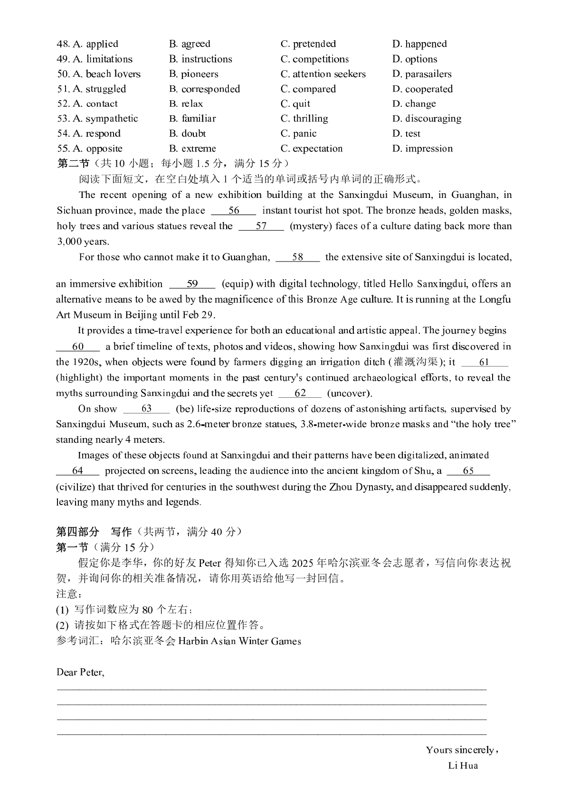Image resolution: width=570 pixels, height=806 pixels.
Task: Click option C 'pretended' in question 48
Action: click(308, 44)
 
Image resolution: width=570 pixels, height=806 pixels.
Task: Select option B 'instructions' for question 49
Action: click(200, 59)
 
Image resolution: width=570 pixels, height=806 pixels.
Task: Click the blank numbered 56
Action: click(234, 211)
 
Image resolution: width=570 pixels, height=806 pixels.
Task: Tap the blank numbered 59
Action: click(192, 284)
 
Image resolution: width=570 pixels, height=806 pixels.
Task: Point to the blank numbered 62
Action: click(300, 394)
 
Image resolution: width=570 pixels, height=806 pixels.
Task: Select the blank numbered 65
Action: click(468, 471)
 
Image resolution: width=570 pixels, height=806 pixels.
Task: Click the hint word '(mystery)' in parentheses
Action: click(310, 226)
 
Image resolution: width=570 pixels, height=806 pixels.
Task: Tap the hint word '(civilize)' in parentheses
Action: click(77, 487)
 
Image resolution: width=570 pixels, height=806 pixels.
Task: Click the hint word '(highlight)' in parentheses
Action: click(79, 378)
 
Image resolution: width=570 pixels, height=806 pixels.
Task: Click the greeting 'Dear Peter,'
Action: click(80, 672)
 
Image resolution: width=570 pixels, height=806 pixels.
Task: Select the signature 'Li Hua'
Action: click(463, 765)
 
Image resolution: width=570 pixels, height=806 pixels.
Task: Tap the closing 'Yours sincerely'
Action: click(460, 750)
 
